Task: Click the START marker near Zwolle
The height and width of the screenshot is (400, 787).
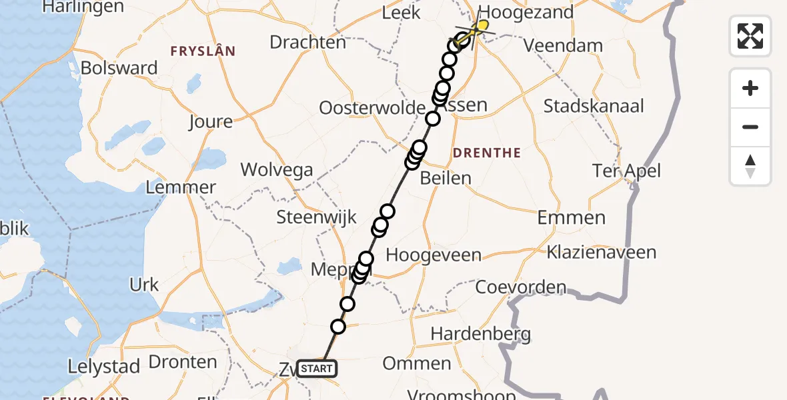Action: pos(317,368)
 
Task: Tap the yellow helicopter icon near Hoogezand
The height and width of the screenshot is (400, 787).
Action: pos(480,26)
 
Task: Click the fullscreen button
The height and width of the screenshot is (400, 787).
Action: pos(750,36)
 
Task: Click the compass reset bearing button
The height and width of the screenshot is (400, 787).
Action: pos(750,166)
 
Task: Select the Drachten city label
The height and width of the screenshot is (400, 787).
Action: pos(307,42)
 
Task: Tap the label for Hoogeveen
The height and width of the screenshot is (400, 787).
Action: pos(434,255)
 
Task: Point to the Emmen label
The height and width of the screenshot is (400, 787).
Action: pos(572,217)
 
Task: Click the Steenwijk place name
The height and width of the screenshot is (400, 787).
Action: pos(316,217)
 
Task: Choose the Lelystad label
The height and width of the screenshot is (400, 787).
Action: pos(105,366)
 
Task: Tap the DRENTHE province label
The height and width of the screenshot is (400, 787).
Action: pos(486,153)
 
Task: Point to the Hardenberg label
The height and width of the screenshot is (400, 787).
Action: pos(481,333)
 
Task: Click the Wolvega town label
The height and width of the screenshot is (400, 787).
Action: pos(277,169)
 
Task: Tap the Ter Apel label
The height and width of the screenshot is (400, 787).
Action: pos(626,171)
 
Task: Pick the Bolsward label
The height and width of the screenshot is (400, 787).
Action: pos(119,68)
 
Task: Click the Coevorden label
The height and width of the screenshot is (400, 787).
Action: pos(520,287)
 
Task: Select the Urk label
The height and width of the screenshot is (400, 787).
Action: pos(144,285)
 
